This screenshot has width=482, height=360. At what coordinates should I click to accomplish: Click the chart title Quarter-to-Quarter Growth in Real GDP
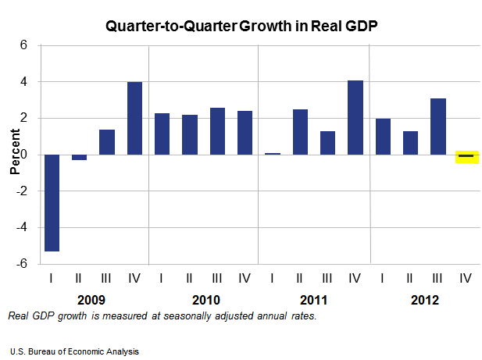[241, 26]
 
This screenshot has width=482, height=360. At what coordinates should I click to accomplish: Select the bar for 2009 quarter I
[52, 203]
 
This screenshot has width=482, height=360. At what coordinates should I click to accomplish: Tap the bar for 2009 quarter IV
[134, 118]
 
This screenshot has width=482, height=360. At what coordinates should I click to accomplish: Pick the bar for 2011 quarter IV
[355, 117]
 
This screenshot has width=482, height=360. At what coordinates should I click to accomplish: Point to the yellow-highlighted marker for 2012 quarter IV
[466, 156]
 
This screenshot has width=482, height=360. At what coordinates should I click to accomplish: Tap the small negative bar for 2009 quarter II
[80, 157]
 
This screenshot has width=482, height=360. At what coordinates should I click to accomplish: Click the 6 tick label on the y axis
[23, 45]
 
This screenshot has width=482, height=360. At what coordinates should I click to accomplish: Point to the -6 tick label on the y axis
[21, 264]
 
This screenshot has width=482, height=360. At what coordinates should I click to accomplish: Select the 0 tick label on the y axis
[23, 155]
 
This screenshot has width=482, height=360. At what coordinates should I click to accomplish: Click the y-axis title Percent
[14, 155]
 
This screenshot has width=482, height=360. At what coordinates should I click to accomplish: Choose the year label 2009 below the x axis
[93, 300]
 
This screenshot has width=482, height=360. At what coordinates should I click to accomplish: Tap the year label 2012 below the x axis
[424, 300]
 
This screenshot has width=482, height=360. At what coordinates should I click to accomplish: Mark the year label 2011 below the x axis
[313, 300]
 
